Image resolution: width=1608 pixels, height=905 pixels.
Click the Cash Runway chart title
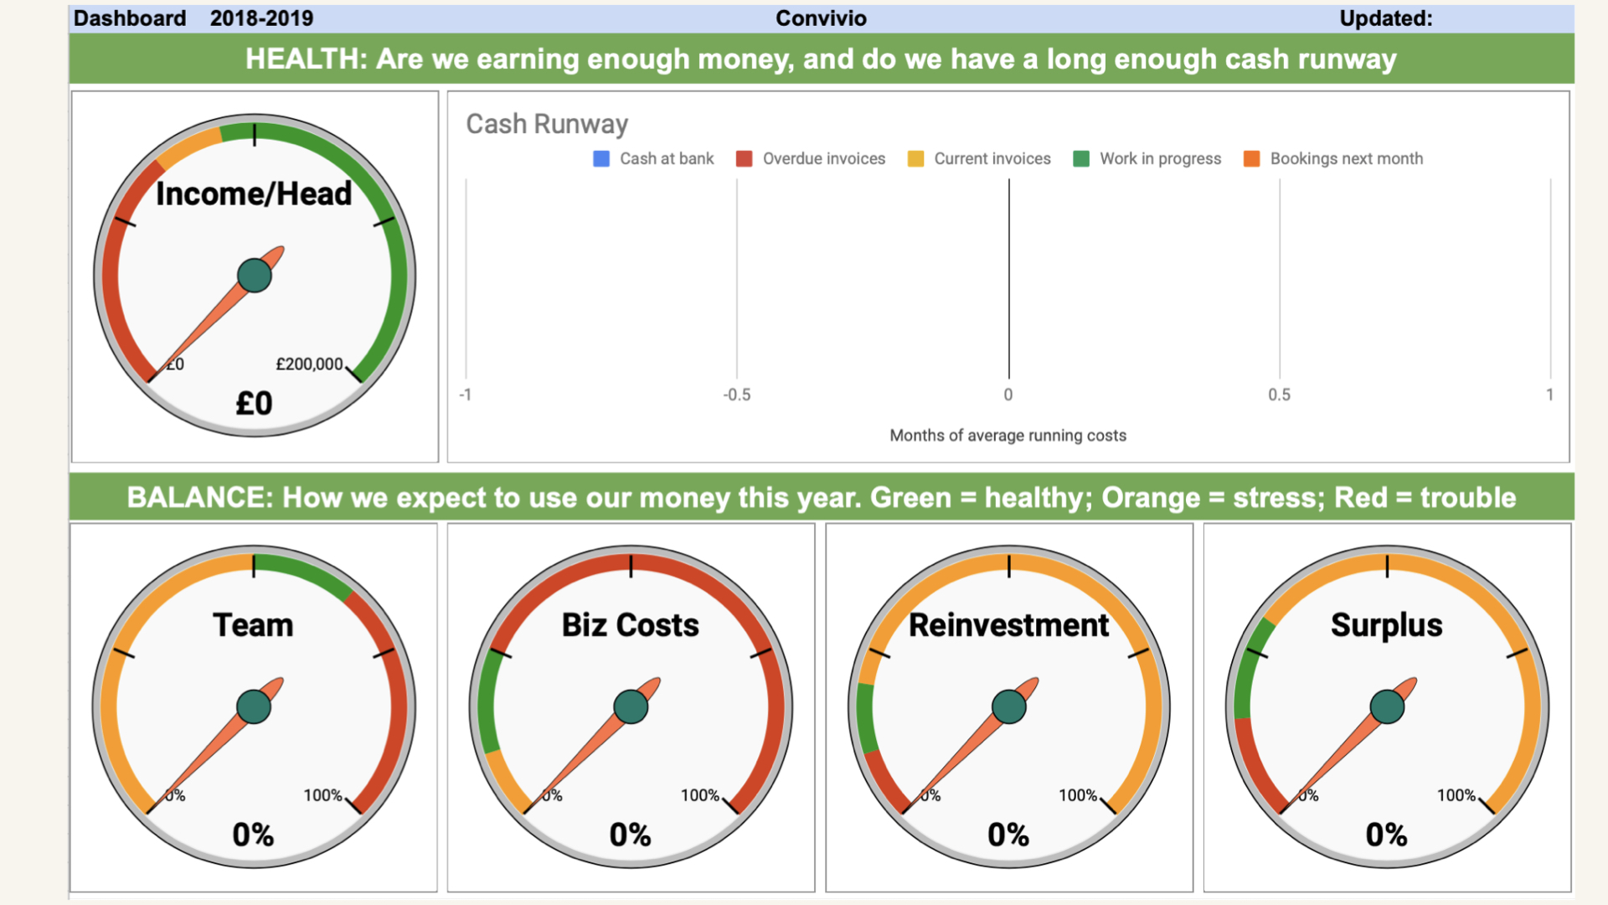click(x=547, y=124)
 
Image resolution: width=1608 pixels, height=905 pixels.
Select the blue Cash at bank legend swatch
click(x=601, y=158)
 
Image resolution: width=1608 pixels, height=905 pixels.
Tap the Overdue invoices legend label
click(x=824, y=158)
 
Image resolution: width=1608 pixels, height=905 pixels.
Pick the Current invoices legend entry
click(x=979, y=158)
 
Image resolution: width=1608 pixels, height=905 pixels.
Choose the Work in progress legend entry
click(x=1147, y=158)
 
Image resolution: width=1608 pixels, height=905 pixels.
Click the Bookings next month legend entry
click(x=1333, y=158)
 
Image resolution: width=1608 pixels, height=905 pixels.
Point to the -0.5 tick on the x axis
click(x=737, y=395)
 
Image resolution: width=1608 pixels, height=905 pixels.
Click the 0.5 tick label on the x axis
click(x=1279, y=395)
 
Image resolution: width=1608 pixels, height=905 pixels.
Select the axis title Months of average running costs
click(x=1008, y=436)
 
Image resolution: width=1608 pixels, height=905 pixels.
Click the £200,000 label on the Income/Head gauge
click(x=309, y=364)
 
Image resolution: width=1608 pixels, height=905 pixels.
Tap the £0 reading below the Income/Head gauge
click(x=254, y=403)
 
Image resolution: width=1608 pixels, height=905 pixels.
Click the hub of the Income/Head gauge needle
click(x=255, y=275)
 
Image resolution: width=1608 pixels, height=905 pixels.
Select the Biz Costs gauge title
click(x=631, y=625)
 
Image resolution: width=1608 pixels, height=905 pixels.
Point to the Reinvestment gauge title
click(x=1008, y=625)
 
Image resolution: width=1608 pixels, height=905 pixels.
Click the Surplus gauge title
click(x=1387, y=625)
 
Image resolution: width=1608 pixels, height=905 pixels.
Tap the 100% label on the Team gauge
click(x=322, y=795)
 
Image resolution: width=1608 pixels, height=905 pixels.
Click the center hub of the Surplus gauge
click(x=1387, y=706)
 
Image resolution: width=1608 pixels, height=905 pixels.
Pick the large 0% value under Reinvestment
click(x=1008, y=835)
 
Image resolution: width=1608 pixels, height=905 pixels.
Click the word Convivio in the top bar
click(x=821, y=18)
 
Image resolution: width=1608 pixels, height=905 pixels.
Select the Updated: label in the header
click(x=1386, y=18)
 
